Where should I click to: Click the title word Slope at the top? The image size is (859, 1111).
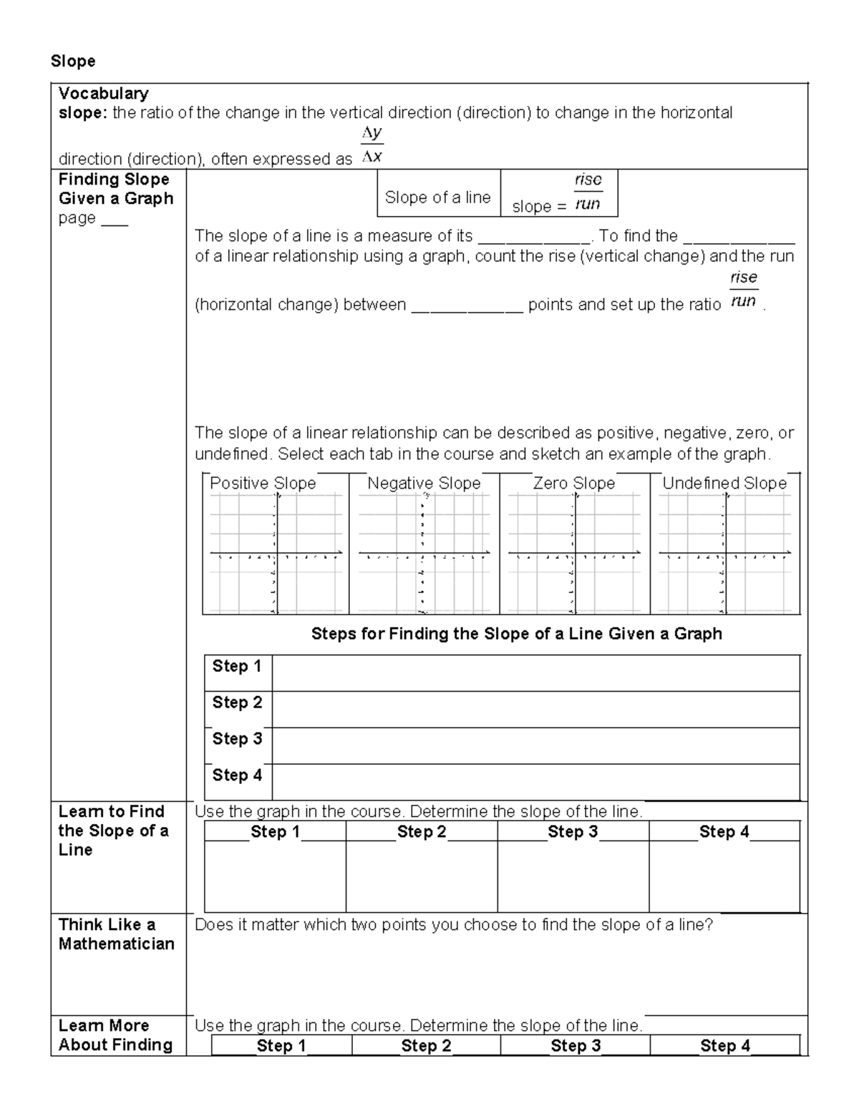72,62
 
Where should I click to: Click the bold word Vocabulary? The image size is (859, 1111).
103,93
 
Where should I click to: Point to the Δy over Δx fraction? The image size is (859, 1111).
372,145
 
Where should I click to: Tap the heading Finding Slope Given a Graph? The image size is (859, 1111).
115,189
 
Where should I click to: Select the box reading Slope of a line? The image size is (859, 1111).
438,197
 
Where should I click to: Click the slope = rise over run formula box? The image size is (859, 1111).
558,193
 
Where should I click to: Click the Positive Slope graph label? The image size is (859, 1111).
263,484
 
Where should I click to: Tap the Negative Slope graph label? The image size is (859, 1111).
424,484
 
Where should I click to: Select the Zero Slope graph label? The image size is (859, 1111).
574,484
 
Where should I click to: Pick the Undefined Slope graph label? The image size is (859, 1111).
724,484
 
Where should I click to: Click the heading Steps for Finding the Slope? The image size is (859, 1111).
516,634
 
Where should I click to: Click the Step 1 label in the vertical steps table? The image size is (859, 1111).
237,666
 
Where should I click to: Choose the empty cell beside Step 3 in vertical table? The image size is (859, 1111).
535,745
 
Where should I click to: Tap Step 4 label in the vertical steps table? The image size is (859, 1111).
237,775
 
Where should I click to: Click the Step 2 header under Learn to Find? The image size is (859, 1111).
422,831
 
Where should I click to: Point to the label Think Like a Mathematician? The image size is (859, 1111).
116,934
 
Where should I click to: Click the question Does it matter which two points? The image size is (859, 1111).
454,925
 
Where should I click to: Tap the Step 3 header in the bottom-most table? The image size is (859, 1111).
576,1046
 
